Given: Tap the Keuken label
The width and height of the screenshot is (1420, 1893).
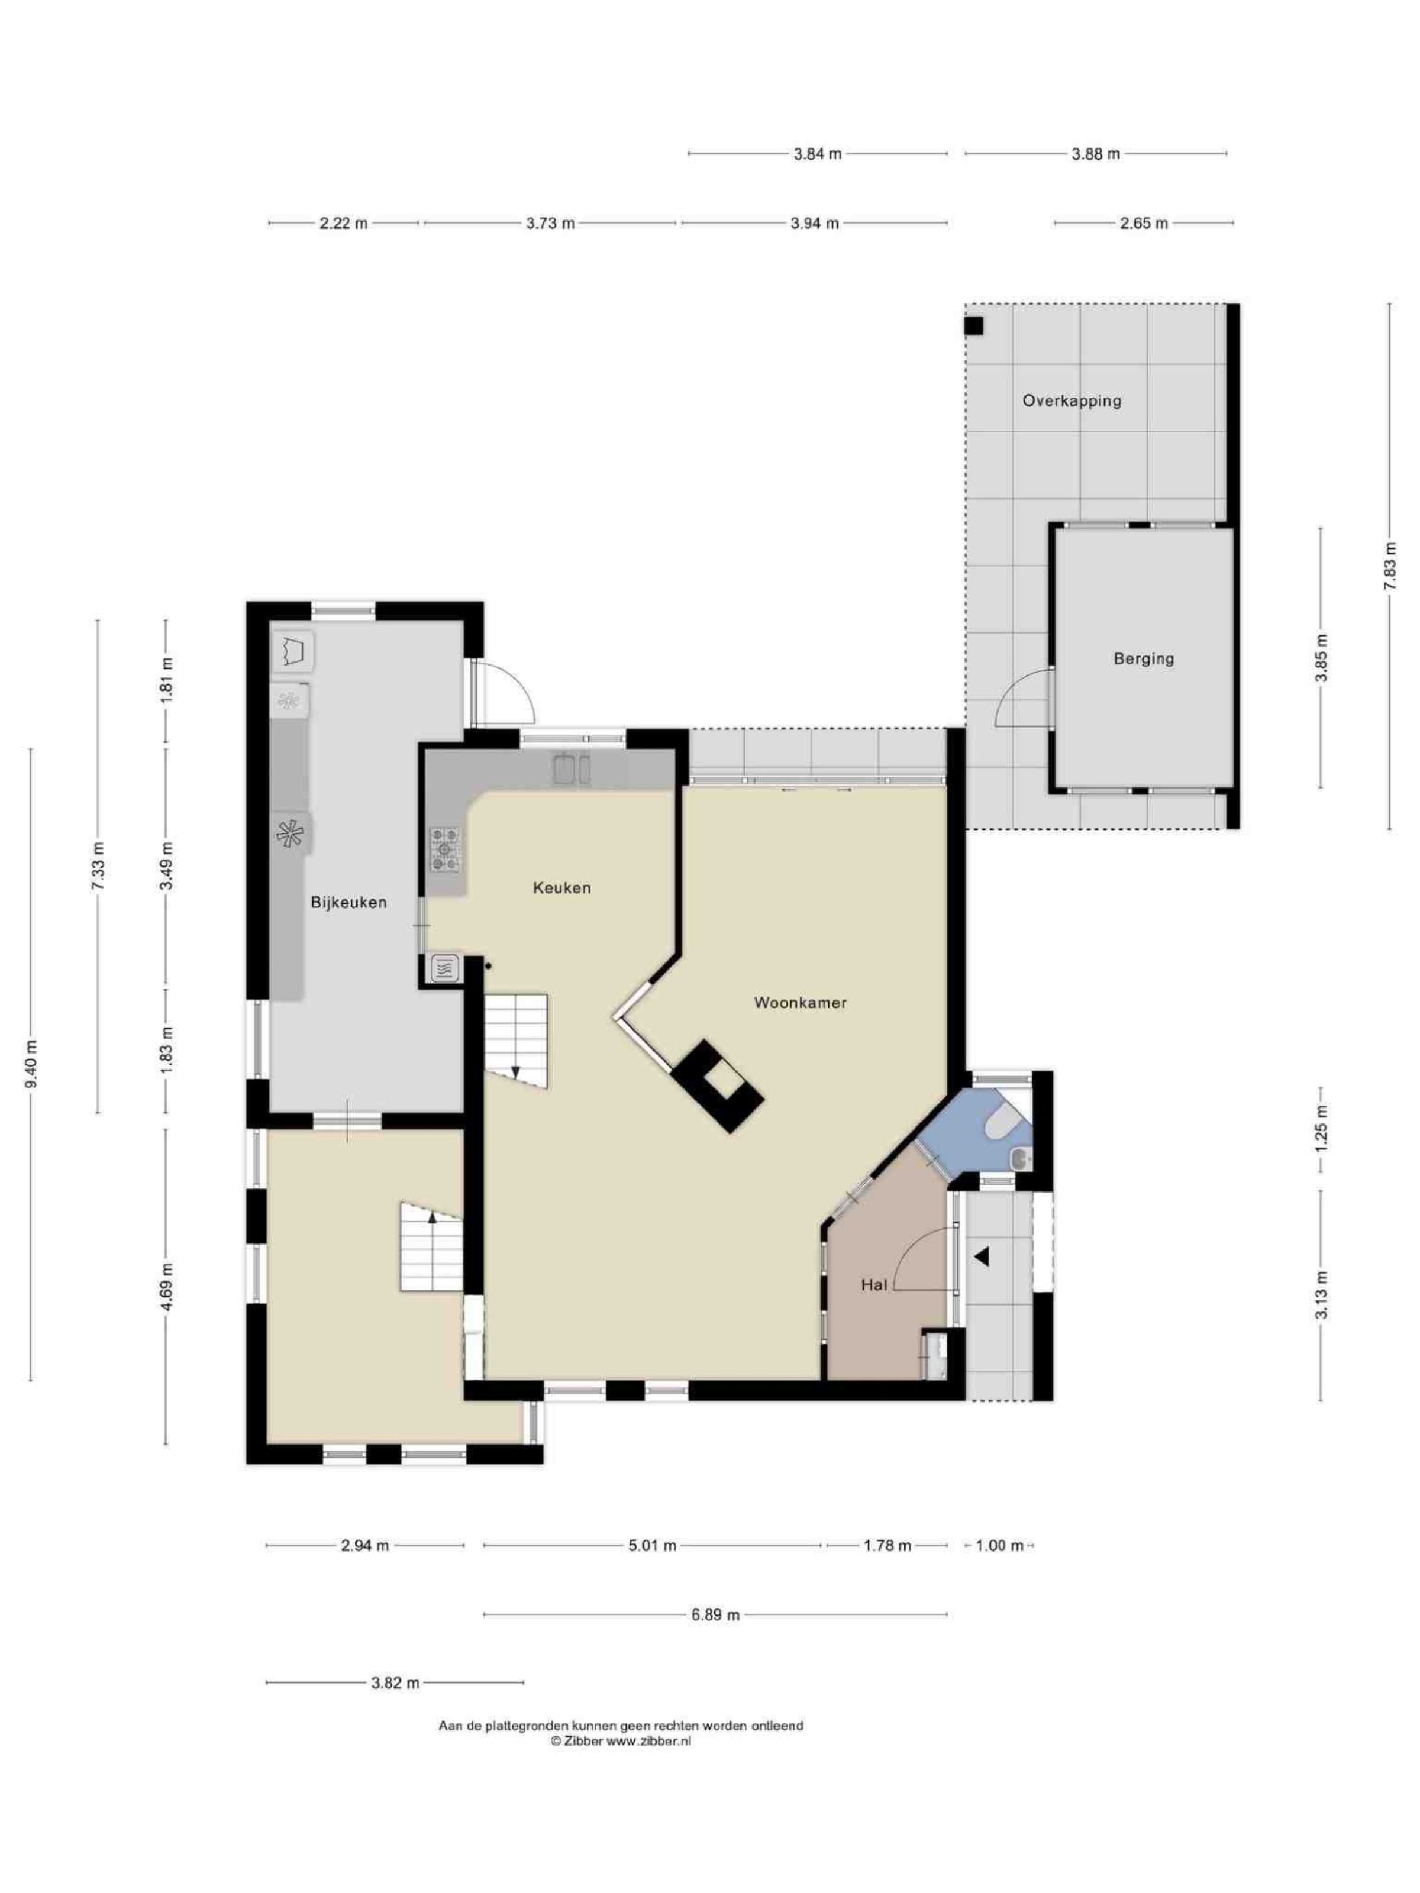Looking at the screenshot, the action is coord(561,887).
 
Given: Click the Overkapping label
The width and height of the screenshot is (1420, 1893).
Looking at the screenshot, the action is coord(1072,400).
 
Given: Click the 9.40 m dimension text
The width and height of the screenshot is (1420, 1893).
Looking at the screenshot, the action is coord(31,1064).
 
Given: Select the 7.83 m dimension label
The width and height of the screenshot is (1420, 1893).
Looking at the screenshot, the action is coord(1389,566).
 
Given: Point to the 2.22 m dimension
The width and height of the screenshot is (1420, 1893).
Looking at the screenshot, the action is coord(343,224).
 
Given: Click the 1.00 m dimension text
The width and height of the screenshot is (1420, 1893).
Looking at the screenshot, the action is coord(999,1546).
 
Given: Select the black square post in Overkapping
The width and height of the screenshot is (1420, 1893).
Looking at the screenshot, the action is coord(974,326).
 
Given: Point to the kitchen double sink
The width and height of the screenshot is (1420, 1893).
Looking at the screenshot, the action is coord(571,768).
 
